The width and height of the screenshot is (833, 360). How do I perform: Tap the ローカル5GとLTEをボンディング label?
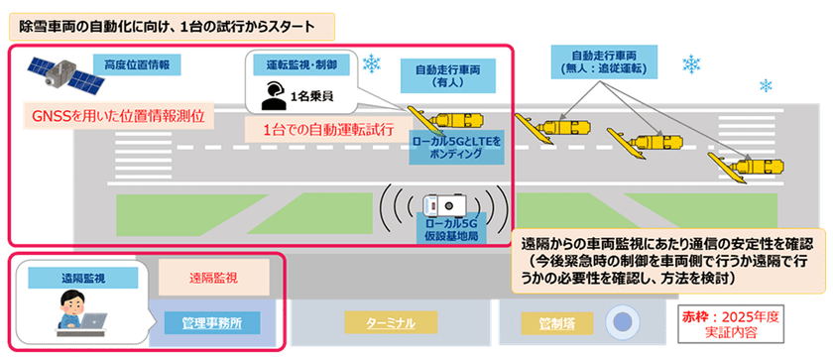(x=456, y=149)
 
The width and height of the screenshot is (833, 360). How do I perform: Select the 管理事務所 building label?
(x=211, y=322)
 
